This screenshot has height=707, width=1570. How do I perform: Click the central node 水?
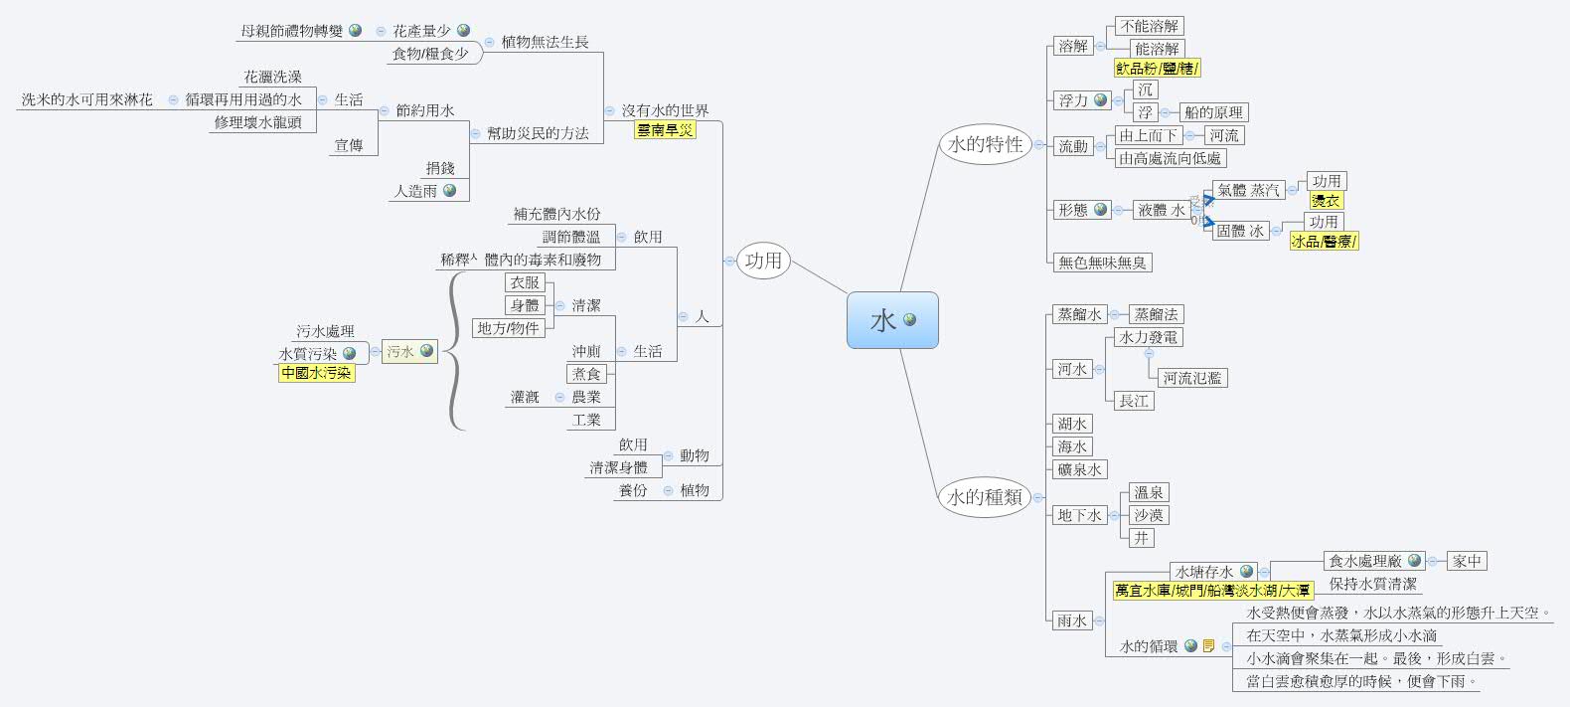point(884,320)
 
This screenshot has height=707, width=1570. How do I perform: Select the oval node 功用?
point(763,261)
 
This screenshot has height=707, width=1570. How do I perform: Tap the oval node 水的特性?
point(985,144)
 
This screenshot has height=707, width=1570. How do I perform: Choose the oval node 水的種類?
point(985,496)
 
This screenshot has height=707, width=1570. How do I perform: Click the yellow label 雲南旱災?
point(665,130)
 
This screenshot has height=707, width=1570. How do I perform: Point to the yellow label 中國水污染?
point(316,373)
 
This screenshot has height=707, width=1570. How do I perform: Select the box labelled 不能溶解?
point(1150,26)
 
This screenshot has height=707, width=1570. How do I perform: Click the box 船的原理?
point(1212,112)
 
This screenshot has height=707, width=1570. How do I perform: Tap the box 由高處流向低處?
point(1170,158)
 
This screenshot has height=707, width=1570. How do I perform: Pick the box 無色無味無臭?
point(1102,263)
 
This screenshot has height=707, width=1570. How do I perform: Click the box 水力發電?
point(1148,337)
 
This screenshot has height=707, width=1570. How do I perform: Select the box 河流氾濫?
point(1192,378)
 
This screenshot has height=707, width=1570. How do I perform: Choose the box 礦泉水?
point(1079,469)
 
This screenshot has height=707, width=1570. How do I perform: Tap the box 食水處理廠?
point(1365,561)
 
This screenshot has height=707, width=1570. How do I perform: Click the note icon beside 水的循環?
point(1208,646)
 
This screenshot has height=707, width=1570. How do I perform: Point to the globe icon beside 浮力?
point(1100,100)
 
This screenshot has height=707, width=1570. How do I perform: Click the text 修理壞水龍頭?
point(257,122)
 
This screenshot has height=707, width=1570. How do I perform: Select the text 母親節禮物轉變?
point(291,31)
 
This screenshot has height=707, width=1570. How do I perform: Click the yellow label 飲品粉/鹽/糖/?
point(1157,69)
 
